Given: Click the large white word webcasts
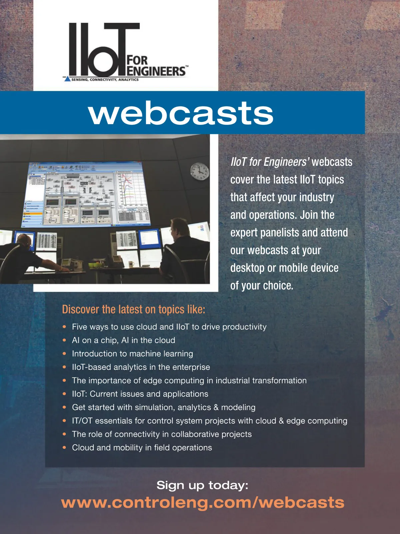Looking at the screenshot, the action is pyautogui.click(x=181, y=112).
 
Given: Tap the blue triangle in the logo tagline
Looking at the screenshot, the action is pyautogui.click(x=67, y=79).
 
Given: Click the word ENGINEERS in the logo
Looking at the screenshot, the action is pyautogui.click(x=157, y=71).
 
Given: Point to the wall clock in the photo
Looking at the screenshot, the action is pyautogui.click(x=200, y=172).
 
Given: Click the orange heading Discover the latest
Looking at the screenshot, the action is pyautogui.click(x=134, y=309).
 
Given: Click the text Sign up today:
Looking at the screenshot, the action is pyautogui.click(x=202, y=485).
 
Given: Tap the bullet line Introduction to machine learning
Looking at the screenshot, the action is pyautogui.click(x=132, y=353).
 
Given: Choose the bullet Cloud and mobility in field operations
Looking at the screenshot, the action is pyautogui.click(x=142, y=448).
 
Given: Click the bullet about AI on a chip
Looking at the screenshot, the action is pyautogui.click(x=123, y=340).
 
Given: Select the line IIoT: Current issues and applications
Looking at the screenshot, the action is pyautogui.click(x=140, y=393).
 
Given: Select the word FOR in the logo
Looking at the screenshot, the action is pyautogui.click(x=137, y=60).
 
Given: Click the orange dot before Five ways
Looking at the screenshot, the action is pyautogui.click(x=64, y=327).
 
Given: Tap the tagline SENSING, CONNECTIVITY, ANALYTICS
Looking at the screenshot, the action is pyautogui.click(x=105, y=79).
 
